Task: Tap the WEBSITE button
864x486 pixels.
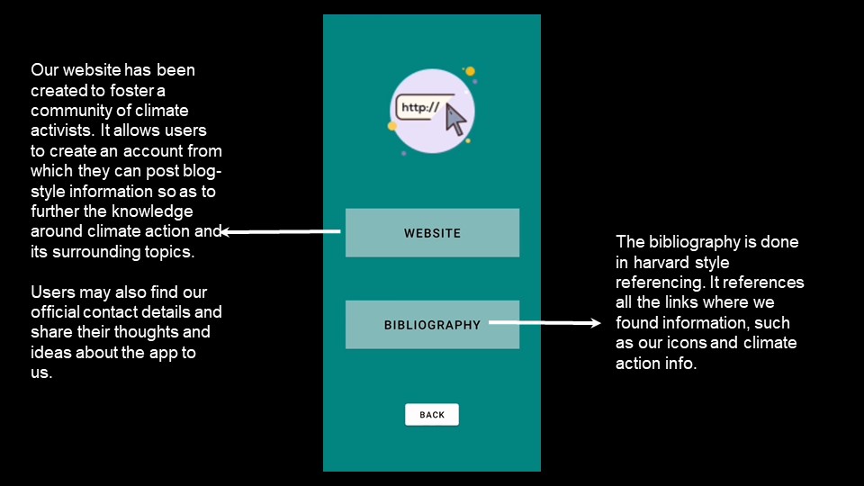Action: (x=432, y=232)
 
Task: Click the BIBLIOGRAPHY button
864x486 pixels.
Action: (x=432, y=325)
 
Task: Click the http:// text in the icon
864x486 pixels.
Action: (x=420, y=107)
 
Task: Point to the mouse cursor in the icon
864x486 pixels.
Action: (x=455, y=120)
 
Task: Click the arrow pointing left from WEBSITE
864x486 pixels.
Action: (x=280, y=232)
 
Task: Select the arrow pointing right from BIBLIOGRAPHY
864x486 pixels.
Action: (x=544, y=322)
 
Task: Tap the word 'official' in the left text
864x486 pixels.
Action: (x=55, y=312)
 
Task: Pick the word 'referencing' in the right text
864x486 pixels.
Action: (x=660, y=283)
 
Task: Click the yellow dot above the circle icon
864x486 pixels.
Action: (x=470, y=71)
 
